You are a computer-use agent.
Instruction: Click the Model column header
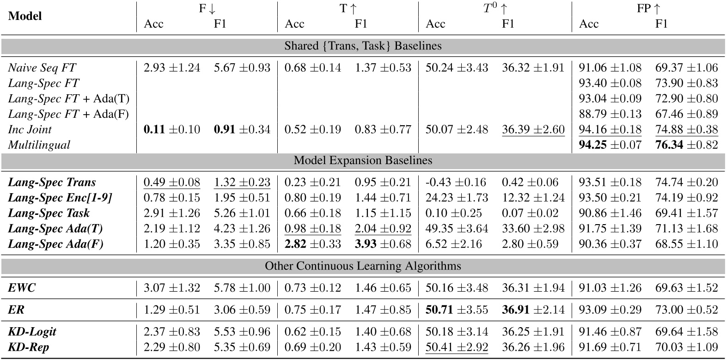pos(25,16)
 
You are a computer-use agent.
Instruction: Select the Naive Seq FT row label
pos(42,68)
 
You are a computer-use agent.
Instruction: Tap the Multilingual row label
pos(39,145)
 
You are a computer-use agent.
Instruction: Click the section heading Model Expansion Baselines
pos(363,160)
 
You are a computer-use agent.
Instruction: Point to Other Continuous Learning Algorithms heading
pos(363,266)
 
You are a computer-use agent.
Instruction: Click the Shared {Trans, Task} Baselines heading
pos(363,46)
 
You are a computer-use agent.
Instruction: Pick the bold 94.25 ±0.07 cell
pos(610,145)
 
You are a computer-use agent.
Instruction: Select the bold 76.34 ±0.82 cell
pos(687,145)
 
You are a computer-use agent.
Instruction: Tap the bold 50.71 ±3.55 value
pos(457,310)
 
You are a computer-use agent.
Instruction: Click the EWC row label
pos(22,288)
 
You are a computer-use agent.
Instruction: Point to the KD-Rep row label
pos(29,347)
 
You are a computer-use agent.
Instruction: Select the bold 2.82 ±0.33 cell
pos(312,244)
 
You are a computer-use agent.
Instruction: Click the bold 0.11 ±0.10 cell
pos(172,130)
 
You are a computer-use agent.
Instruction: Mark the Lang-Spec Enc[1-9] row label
pos(61,198)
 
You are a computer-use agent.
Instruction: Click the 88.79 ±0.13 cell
pos(610,114)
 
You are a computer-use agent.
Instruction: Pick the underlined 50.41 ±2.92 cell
pos(457,347)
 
